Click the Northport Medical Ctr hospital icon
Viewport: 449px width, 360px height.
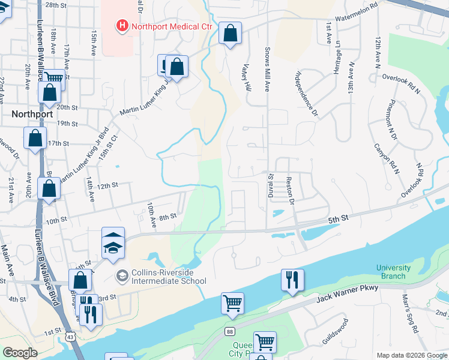pyautogui.click(x=122, y=25)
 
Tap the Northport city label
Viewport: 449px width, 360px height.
pyautogui.click(x=32, y=113)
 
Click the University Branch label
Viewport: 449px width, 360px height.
pyautogui.click(x=394, y=272)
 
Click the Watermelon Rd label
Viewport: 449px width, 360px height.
pyautogui.click(x=357, y=12)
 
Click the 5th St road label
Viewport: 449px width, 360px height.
pyautogui.click(x=339, y=220)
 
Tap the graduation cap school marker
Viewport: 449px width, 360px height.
pyautogui.click(x=113, y=245)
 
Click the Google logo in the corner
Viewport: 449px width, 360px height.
pyautogui.click(x=20, y=353)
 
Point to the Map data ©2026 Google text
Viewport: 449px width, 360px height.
pyautogui.click(x=412, y=355)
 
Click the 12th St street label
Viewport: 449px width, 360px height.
pyautogui.click(x=106, y=186)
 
